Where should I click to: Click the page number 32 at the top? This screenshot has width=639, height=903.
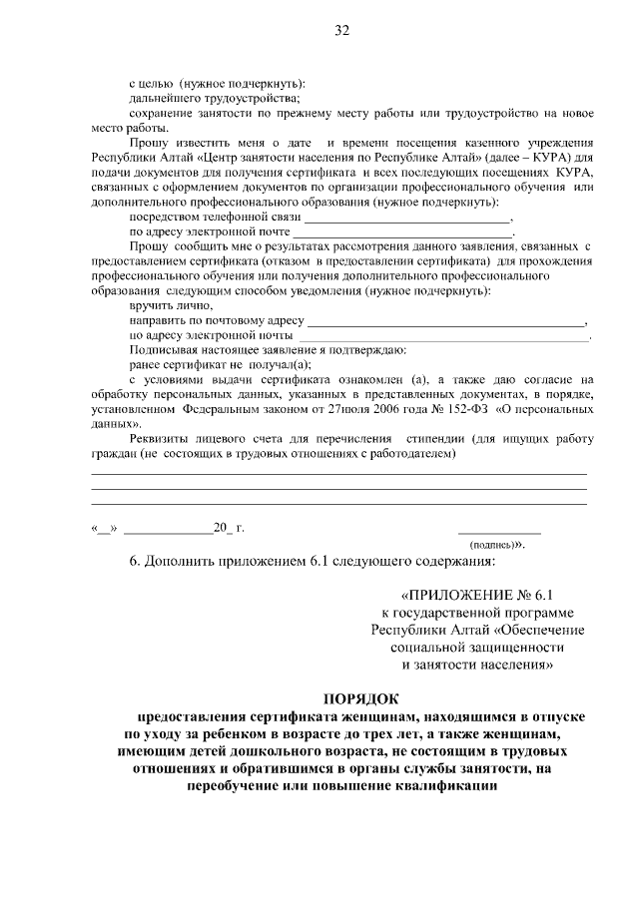point(340,30)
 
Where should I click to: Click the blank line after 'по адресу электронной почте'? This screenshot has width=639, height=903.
point(403,231)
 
